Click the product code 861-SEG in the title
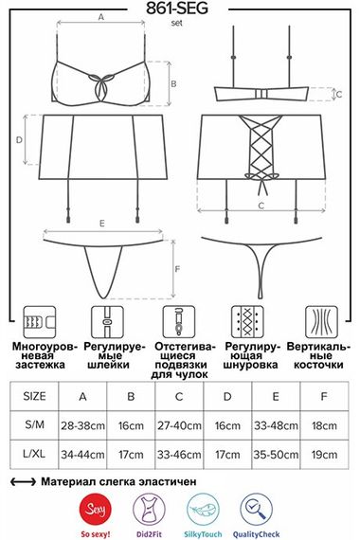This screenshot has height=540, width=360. click(x=177, y=9)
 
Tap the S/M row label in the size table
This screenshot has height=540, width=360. click(x=34, y=424)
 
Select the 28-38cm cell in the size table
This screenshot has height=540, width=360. click(x=82, y=425)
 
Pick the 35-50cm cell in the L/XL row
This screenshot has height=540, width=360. click(x=276, y=455)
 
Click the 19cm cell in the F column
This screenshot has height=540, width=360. click(x=324, y=455)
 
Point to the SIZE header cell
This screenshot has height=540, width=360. click(x=34, y=396)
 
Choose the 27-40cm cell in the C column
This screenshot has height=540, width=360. click(x=179, y=425)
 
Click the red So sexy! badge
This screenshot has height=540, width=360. click(x=95, y=510)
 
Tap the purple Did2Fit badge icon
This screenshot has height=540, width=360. click(x=149, y=510)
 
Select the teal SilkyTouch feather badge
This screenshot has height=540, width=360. click(x=203, y=510)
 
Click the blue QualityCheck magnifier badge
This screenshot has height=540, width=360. click(x=257, y=510)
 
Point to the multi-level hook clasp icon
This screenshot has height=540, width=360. click(x=39, y=322)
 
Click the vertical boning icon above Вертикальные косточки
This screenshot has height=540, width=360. click(x=321, y=322)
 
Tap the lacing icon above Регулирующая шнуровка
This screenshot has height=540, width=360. click(x=247, y=322)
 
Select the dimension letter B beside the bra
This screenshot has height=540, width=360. click(x=173, y=83)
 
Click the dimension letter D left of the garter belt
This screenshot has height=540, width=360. click(x=19, y=140)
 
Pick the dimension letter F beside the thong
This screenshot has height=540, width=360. click(x=178, y=269)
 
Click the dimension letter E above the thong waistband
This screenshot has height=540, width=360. click(x=102, y=224)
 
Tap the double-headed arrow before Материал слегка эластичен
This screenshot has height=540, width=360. click(x=23, y=482)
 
